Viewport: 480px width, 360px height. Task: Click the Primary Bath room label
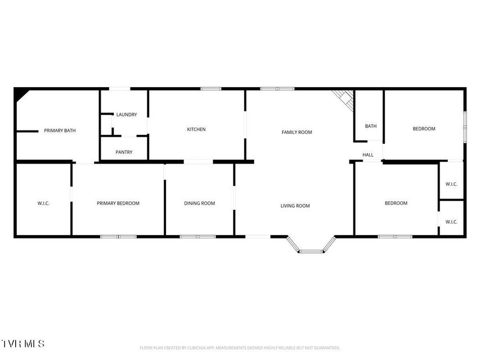60,130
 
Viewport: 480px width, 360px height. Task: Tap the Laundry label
127,115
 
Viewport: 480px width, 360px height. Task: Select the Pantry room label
124,152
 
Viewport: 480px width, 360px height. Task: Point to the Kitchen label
196,129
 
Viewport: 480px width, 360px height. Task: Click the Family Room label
297,132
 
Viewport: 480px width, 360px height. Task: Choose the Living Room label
295,206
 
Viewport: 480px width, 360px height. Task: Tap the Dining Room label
199,203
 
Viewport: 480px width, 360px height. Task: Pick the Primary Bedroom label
118,203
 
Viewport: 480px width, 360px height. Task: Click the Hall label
367,155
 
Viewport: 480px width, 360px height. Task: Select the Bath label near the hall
371,126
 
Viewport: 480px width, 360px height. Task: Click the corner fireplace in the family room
345,99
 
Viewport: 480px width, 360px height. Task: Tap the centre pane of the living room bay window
311,251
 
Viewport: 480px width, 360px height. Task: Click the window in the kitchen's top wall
211,89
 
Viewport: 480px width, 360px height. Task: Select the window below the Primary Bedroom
119,237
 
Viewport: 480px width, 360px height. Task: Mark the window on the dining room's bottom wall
198,237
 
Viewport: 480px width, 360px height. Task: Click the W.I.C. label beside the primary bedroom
43,203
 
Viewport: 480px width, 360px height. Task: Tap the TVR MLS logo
23,344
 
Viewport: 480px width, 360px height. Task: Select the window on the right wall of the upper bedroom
465,127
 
